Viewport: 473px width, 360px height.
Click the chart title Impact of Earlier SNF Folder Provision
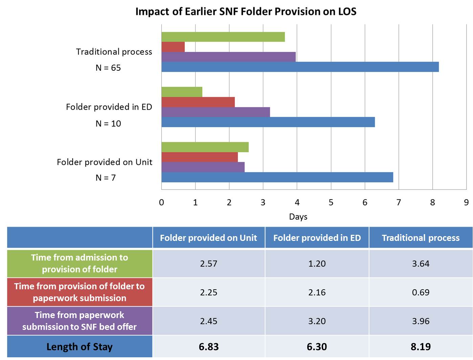(246, 12)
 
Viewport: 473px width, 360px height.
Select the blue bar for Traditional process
(300, 67)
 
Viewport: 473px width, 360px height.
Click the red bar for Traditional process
(173, 47)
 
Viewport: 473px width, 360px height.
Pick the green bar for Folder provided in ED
(182, 92)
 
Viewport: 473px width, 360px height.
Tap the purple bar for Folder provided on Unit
(203, 167)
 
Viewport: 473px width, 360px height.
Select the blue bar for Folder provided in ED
(268, 122)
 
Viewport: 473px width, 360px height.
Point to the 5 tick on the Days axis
(331, 202)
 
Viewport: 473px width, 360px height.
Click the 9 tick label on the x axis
(466, 202)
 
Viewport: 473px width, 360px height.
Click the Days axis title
(298, 217)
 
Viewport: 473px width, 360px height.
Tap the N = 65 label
(108, 68)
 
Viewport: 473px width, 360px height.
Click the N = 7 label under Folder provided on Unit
(106, 178)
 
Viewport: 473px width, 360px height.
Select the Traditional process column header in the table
(421, 238)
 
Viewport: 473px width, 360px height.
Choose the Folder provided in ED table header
(317, 238)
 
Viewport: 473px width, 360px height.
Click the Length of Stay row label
(80, 347)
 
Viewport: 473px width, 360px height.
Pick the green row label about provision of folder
(80, 264)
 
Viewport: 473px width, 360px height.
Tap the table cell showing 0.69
(421, 292)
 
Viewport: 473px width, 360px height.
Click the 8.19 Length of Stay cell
(421, 347)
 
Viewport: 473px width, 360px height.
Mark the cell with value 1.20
(317, 264)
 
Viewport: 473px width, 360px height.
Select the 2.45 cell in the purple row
(208, 321)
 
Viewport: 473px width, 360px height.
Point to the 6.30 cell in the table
(317, 347)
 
